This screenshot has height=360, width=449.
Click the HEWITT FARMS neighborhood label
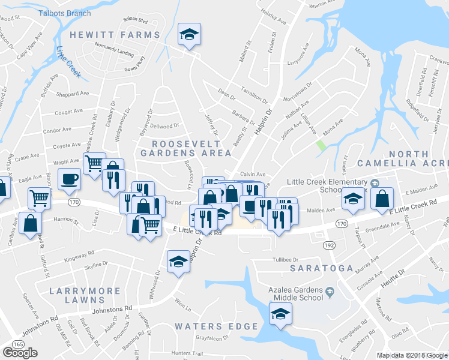tap(115, 35)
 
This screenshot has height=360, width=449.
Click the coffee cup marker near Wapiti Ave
tap(69, 178)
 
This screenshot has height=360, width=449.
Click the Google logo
tap(20, 353)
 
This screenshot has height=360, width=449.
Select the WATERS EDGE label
tap(216, 326)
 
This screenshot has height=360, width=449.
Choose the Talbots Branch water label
tap(64, 12)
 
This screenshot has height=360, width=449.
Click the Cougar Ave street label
tap(68, 112)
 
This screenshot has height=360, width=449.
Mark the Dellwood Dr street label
tap(164, 126)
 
